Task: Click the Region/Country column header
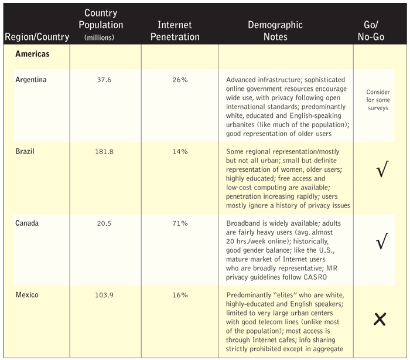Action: (36, 38)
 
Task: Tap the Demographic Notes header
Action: (275, 31)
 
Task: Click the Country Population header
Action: (104, 25)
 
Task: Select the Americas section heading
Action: (33, 54)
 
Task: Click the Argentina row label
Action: (31, 80)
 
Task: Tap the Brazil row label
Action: (25, 152)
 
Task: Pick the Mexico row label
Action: (27, 295)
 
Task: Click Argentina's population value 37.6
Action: (104, 80)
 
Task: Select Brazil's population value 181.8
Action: (104, 152)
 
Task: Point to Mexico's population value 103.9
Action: (104, 295)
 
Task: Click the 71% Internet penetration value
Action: (179, 223)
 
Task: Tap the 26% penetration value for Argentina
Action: (179, 80)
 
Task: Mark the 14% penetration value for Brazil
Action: (179, 152)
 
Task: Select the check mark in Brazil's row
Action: (381, 173)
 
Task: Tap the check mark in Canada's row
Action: (381, 242)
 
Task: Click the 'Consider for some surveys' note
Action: (378, 100)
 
